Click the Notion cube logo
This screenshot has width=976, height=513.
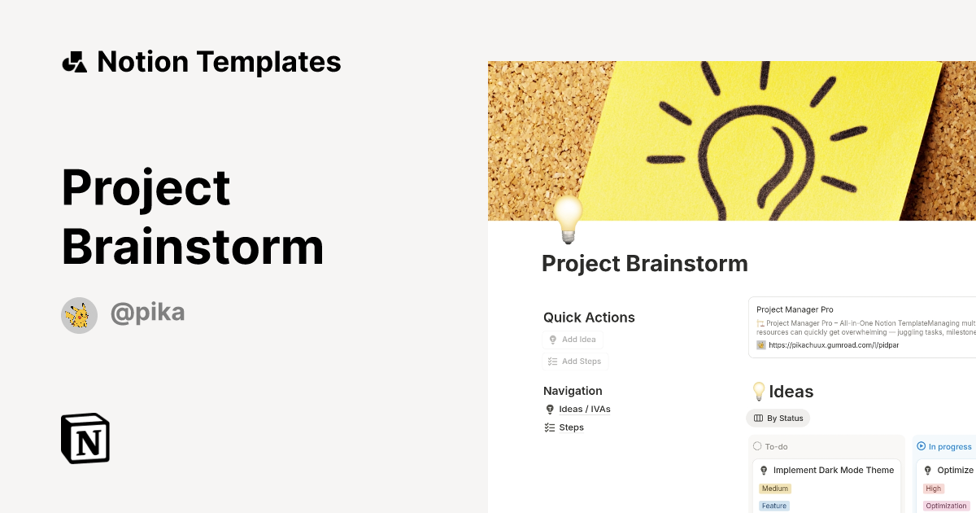(85, 438)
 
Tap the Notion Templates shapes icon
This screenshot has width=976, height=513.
(74, 62)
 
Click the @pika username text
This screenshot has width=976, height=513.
(147, 313)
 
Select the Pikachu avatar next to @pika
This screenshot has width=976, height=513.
(80, 315)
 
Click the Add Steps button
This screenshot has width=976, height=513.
(575, 362)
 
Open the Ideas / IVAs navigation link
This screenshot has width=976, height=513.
(584, 410)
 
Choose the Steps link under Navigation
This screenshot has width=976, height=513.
(571, 427)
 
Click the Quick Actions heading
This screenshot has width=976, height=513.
(589, 318)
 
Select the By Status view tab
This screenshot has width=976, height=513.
(778, 419)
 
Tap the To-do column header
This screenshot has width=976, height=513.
(776, 446)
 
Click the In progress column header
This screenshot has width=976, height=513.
(949, 446)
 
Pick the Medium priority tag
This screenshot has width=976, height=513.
(775, 489)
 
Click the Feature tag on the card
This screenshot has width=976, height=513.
(773, 506)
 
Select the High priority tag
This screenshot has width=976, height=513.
(933, 489)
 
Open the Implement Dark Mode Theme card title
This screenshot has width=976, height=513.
(833, 471)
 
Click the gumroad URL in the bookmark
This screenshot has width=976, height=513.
(834, 345)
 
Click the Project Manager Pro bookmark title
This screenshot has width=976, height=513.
(795, 309)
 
